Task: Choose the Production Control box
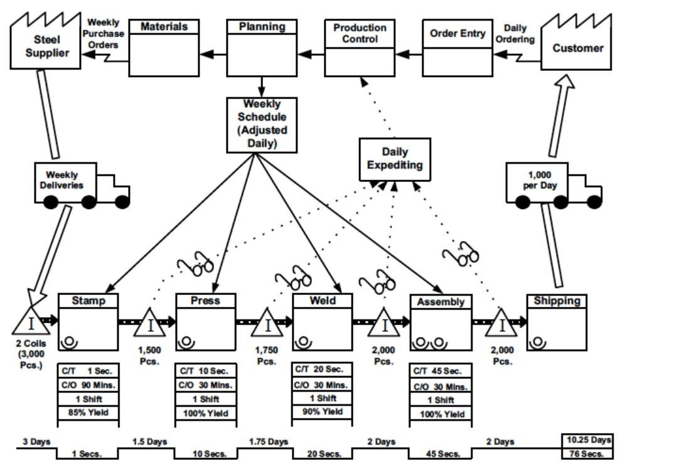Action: click(x=360, y=47)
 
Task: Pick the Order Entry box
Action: click(x=457, y=47)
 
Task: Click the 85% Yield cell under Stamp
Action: click(x=88, y=413)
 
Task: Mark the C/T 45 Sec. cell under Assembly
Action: click(x=440, y=371)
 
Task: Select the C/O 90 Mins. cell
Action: click(x=88, y=385)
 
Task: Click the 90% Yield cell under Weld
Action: click(x=323, y=412)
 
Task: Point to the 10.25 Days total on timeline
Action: click(x=587, y=440)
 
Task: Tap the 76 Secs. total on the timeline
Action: click(x=587, y=453)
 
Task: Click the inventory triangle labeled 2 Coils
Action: click(x=28, y=323)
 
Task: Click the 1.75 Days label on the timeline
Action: click(x=268, y=442)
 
